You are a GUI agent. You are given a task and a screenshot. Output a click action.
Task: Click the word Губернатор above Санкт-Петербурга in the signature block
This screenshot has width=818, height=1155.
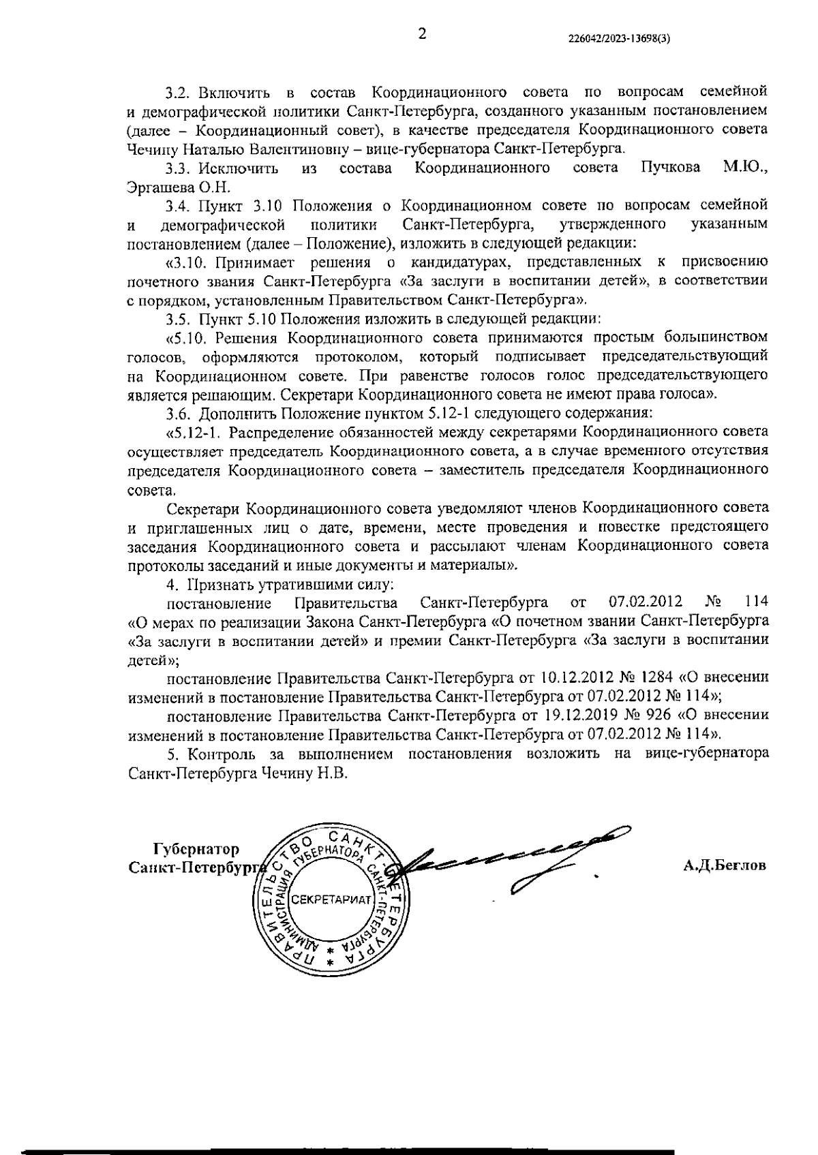pos(196,850)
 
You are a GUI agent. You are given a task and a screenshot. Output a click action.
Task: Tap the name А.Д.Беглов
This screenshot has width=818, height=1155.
pos(725,865)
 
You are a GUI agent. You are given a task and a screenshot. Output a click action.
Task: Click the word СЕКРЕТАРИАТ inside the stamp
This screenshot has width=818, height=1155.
pos(332,899)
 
